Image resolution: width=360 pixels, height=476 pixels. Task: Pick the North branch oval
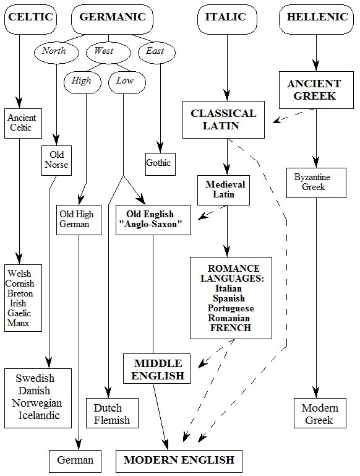coord(56,52)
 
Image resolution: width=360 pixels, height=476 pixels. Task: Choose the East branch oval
coord(156,52)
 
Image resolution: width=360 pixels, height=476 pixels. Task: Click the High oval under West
coord(82,82)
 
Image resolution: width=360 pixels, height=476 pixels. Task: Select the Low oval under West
coord(127,82)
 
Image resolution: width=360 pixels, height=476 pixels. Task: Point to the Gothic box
coord(160,164)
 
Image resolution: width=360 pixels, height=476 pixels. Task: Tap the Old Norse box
coord(56,160)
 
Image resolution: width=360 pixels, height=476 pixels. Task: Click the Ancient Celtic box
coord(23,123)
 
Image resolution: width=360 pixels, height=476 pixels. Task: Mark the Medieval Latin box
coord(223,190)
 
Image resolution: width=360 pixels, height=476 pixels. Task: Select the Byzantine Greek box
coord(316,183)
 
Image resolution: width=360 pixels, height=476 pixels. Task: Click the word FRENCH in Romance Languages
coord(231,328)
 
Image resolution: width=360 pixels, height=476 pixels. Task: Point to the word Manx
coord(18,322)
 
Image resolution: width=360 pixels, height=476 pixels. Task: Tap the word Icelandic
coord(39,415)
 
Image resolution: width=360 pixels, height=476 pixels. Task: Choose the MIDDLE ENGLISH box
coord(156,368)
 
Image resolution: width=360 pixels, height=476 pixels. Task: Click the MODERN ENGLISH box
coord(179,461)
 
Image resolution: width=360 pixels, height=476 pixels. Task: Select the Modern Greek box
coord(320,413)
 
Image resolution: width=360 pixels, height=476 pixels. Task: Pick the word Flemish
coord(111,420)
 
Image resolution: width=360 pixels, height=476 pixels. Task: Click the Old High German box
coord(79,220)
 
